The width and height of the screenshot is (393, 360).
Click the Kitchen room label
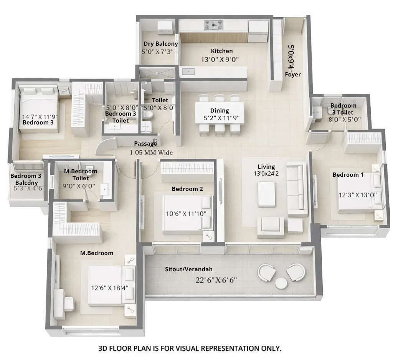(x=221, y=51)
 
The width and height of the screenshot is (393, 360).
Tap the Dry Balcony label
(x=160, y=44)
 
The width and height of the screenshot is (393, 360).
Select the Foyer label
(x=292, y=75)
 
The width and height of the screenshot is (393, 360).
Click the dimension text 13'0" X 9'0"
(x=220, y=60)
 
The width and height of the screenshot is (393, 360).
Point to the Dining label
(x=220, y=111)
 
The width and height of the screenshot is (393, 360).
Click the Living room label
(x=266, y=167)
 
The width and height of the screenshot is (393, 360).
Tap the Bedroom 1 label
(x=348, y=175)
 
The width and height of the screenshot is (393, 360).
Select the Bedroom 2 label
(x=187, y=189)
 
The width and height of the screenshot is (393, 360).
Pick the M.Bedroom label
(x=96, y=253)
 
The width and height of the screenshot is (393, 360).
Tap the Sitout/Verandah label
(x=188, y=269)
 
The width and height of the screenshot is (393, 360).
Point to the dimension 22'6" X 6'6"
(x=216, y=280)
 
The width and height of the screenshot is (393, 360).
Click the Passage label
(x=145, y=144)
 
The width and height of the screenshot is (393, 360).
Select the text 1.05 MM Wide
(x=151, y=153)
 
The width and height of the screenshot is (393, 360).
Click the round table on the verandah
(x=281, y=283)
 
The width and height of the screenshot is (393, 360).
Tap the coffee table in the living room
(x=266, y=194)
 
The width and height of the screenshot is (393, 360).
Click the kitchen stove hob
(x=213, y=25)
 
